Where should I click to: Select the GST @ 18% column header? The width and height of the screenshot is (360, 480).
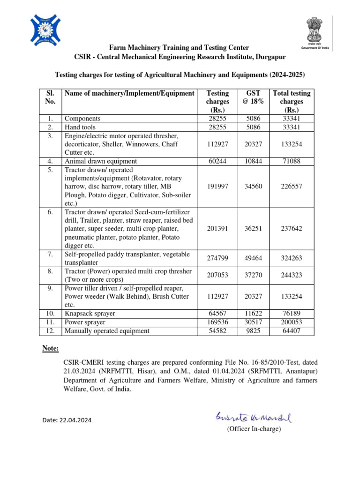(253, 97)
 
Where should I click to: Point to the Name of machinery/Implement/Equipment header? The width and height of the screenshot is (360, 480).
(129, 93)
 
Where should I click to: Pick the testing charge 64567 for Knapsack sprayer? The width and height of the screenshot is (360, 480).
(217, 313)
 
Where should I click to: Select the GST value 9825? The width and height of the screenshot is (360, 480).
(253, 331)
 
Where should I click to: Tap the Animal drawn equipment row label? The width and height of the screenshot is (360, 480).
(100, 161)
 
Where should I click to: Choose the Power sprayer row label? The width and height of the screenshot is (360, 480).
(85, 322)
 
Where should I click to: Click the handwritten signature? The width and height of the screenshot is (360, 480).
(253, 416)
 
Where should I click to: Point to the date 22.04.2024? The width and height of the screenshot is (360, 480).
(67, 420)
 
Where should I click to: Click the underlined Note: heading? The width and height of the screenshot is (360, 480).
(50, 348)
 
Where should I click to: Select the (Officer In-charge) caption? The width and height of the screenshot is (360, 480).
(254, 429)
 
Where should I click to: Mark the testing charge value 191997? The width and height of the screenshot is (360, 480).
(217, 187)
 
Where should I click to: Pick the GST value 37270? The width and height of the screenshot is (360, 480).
(253, 276)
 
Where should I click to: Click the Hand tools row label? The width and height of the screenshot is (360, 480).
(80, 127)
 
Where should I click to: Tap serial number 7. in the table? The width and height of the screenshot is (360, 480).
(50, 254)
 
